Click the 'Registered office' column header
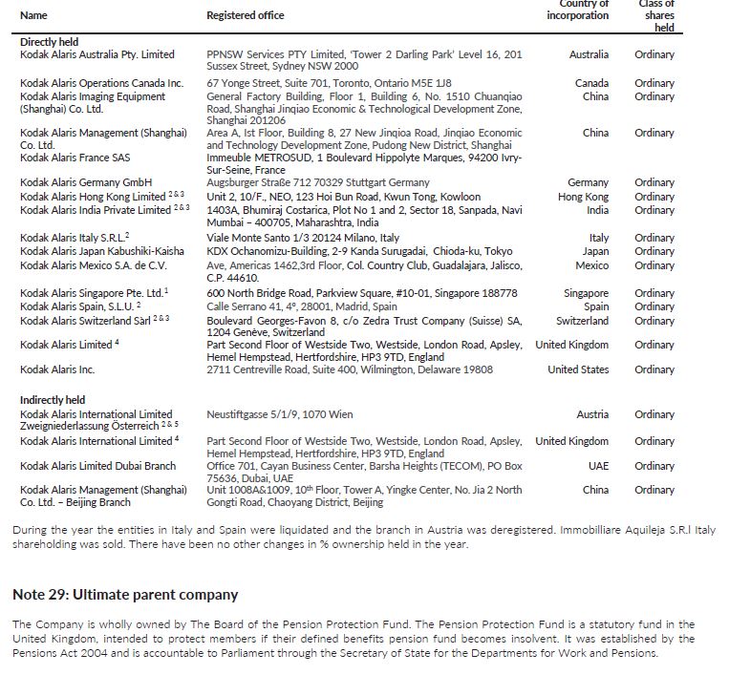(245, 15)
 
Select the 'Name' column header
(33, 15)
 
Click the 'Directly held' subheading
(49, 42)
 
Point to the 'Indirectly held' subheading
(53, 399)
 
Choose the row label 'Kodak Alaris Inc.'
(57, 369)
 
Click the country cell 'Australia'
(589, 54)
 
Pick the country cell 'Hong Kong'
(583, 197)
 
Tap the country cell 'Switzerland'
(582, 321)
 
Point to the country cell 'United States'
(578, 369)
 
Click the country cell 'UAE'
(597, 466)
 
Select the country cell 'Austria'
(592, 415)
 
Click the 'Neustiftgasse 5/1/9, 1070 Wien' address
(280, 415)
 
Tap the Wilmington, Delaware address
(350, 369)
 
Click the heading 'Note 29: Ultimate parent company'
(125, 595)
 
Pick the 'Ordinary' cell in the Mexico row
(654, 265)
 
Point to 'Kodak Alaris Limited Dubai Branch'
(97, 466)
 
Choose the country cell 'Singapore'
(586, 293)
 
